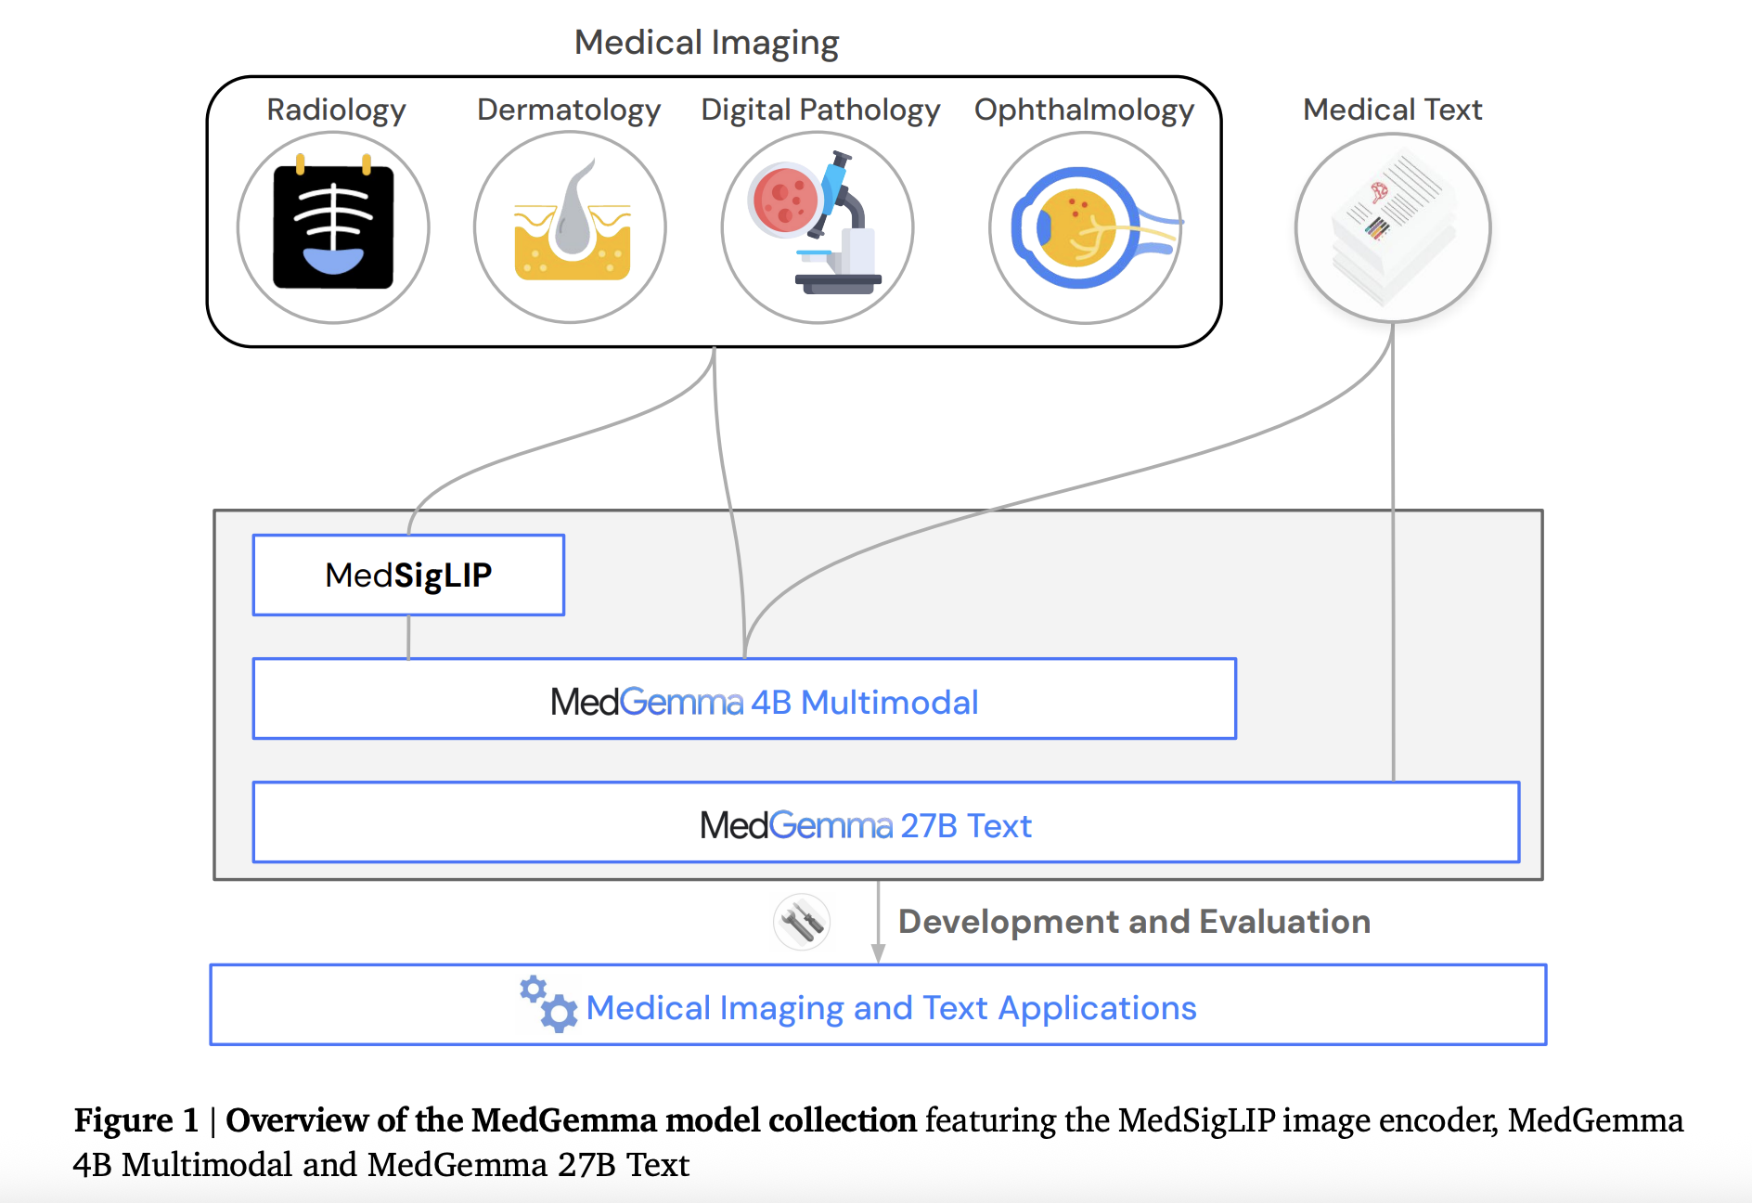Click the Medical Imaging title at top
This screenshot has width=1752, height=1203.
click(706, 43)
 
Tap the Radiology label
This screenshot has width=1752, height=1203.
click(336, 110)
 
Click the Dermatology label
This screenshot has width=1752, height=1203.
click(568, 110)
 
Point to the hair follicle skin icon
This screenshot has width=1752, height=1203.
click(571, 227)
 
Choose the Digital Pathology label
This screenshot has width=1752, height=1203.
click(820, 110)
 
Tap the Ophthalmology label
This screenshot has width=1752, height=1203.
click(1084, 110)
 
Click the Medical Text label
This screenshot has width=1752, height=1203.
click(1392, 110)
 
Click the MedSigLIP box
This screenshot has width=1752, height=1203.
click(408, 575)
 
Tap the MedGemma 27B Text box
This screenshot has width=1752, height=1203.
click(885, 823)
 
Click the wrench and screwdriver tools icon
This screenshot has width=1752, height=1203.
click(802, 922)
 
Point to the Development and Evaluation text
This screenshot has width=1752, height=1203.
click(1134, 922)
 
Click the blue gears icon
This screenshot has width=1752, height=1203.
click(547, 1004)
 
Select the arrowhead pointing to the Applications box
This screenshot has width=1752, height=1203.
click(878, 953)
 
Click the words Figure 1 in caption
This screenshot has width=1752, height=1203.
click(136, 1120)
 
